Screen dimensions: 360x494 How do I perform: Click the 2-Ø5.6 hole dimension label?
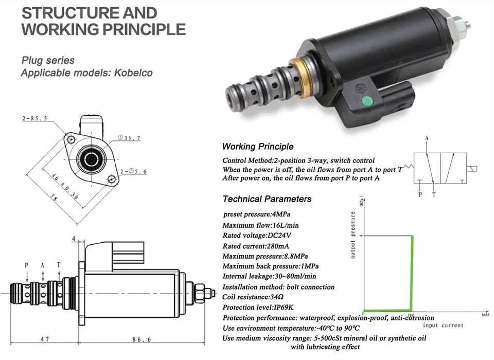pyautogui.click(x=134, y=171)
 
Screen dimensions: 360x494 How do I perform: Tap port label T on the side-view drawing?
pyautogui.click(x=59, y=264)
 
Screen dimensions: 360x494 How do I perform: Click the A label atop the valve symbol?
pyautogui.click(x=427, y=138)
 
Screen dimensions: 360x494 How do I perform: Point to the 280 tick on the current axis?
pyautogui.click(x=411, y=315)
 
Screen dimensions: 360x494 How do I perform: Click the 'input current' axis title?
pyautogui.click(x=443, y=325)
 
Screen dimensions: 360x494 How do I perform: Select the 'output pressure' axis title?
pyautogui.click(x=353, y=235)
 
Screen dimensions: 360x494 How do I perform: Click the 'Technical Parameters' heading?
pyautogui.click(x=267, y=199)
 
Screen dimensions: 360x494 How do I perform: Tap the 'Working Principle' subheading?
pyautogui.click(x=257, y=147)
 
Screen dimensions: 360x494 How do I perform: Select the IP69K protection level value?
pyautogui.click(x=284, y=308)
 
